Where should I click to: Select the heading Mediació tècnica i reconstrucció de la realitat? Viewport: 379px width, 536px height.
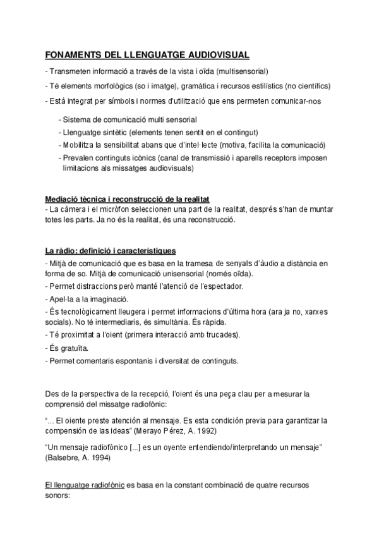click(131, 199)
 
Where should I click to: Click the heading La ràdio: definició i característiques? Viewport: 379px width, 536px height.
click(111, 250)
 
